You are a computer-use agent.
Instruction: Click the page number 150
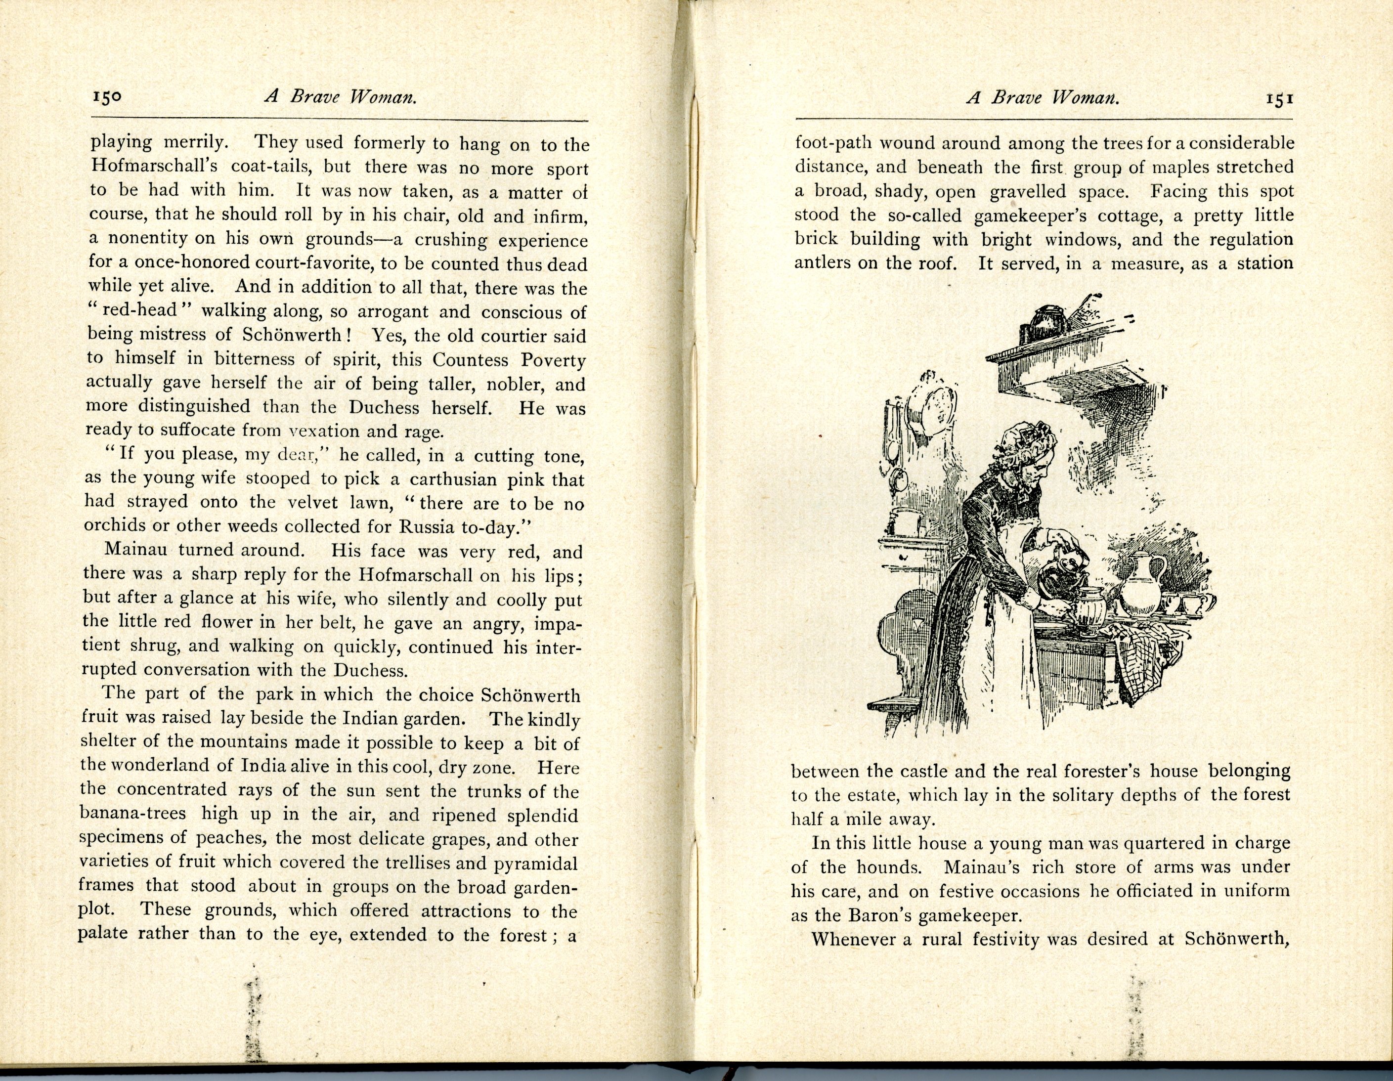106,97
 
